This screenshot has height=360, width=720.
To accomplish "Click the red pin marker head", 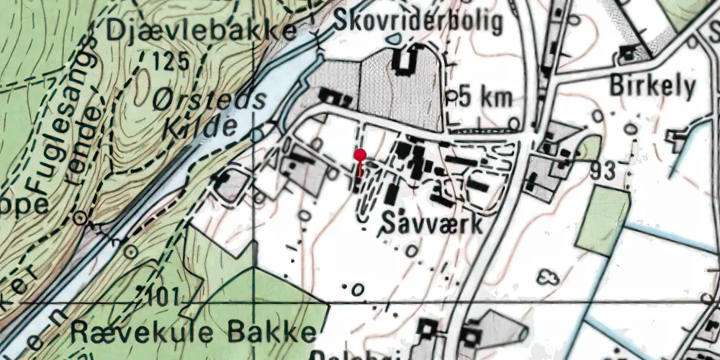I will pyautogui.click(x=361, y=153).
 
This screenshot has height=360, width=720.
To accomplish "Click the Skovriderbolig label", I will pyautogui.click(x=418, y=22).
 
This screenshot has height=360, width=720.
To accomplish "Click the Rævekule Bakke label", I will pyautogui.click(x=194, y=333).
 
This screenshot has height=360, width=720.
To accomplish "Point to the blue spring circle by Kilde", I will pyautogui.click(x=257, y=135).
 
